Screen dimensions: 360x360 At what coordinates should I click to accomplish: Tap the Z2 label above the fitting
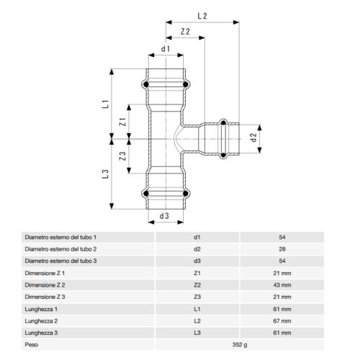185,32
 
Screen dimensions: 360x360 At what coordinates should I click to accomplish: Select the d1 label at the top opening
166,50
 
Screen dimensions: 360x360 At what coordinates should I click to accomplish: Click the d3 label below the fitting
164,215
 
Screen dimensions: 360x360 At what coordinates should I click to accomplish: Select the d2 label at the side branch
253,136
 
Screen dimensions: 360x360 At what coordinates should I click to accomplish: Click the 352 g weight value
240,346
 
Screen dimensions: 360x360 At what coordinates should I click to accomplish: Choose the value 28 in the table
282,248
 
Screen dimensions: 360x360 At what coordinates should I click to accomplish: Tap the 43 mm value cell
282,285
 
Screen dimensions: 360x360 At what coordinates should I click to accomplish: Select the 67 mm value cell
282,321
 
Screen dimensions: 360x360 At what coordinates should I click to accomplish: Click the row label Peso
32,346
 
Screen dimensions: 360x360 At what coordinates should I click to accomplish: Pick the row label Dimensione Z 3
45,297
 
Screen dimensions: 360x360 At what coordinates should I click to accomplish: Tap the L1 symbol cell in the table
197,309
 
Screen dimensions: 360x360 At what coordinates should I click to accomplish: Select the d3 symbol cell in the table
197,261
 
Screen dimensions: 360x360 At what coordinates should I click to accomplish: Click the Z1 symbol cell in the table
197,273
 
